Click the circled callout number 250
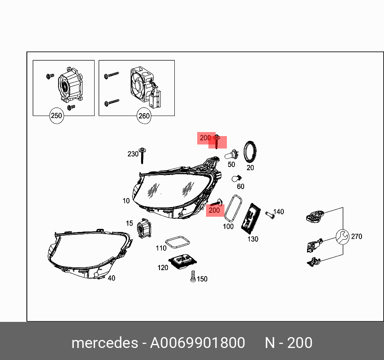[x=57, y=116]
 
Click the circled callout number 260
[x=143, y=116]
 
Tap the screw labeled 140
[x=270, y=215]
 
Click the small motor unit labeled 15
[x=144, y=229]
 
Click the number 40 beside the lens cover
[x=111, y=278]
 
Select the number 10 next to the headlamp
[x=126, y=201]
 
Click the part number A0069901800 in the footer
[x=197, y=343]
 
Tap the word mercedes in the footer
[x=104, y=343]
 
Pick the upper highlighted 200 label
[x=205, y=138]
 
